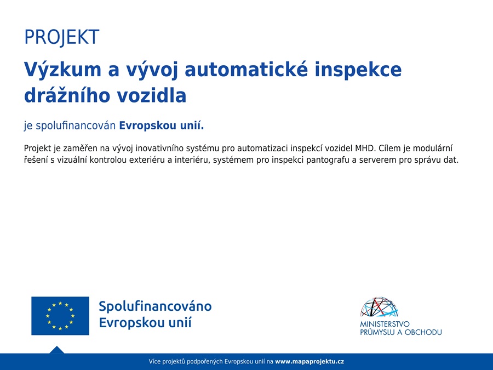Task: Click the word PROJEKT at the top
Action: pos(61,37)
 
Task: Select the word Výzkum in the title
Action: pos(62,70)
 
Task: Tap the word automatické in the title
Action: pos(246,69)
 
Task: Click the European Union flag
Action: pos(60,316)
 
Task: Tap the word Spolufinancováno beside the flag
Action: pos(155,306)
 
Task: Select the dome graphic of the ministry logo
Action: pos(379,307)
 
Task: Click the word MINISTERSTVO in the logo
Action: pos(385,324)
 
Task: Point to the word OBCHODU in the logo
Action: pos(423,332)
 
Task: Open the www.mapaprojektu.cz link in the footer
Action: pos(309,362)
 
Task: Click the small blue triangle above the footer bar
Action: pos(56,350)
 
